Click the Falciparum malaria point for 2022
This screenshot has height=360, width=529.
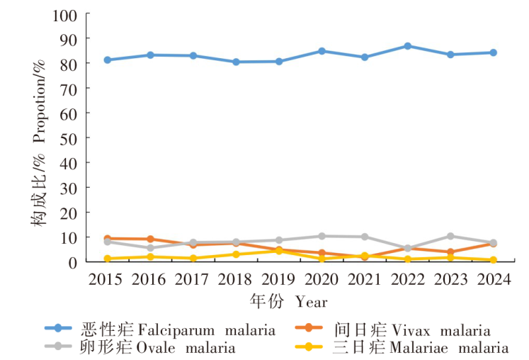point(408,46)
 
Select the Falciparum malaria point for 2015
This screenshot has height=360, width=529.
point(107,60)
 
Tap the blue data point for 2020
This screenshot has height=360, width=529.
point(322,51)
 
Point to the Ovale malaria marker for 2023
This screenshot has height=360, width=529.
point(450,236)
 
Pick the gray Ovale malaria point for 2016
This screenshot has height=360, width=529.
point(150,248)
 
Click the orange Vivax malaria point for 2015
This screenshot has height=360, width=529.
point(107,239)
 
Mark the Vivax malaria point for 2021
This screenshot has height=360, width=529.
point(365,257)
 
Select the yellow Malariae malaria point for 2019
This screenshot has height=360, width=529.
point(279,251)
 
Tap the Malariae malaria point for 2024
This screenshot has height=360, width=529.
point(494,260)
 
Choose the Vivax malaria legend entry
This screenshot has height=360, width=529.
point(392,330)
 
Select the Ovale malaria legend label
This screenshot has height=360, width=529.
point(142,348)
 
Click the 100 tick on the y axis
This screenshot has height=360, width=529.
point(69,14)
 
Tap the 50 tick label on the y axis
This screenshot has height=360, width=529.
point(72,137)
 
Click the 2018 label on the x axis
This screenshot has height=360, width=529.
point(236,279)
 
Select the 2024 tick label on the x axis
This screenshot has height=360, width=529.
point(494,279)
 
